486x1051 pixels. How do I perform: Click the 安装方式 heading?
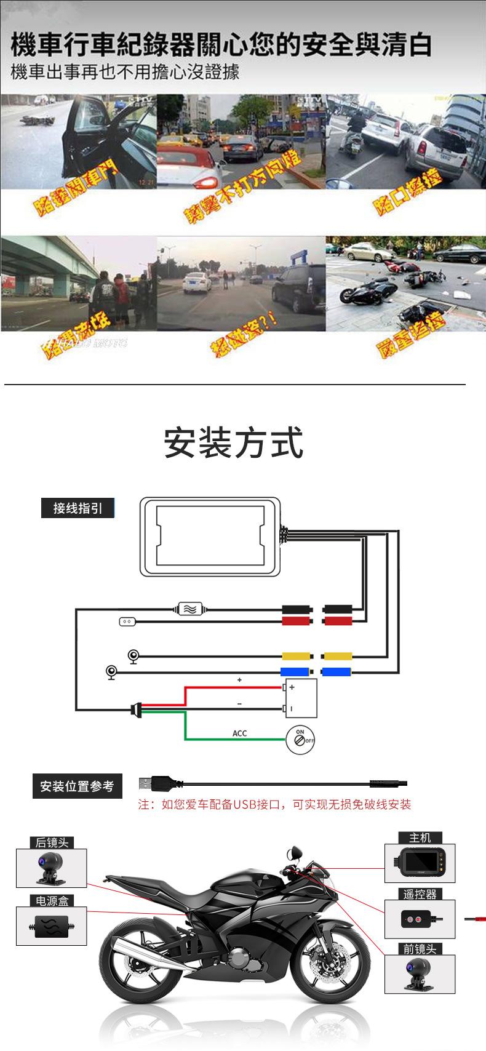[234, 443]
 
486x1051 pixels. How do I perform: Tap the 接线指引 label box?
[78, 508]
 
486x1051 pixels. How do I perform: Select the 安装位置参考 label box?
[77, 786]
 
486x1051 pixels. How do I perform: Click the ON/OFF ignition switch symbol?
[300, 737]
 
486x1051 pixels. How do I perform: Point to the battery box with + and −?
[301, 698]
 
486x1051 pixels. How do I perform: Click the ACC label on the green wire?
[239, 733]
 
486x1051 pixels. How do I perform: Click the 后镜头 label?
[51, 842]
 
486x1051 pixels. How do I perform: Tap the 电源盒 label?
[52, 901]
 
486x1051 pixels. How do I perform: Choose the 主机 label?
[420, 837]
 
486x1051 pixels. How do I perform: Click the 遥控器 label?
[420, 894]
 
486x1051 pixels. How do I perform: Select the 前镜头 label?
[420, 949]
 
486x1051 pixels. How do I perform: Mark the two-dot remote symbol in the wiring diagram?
[127, 622]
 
